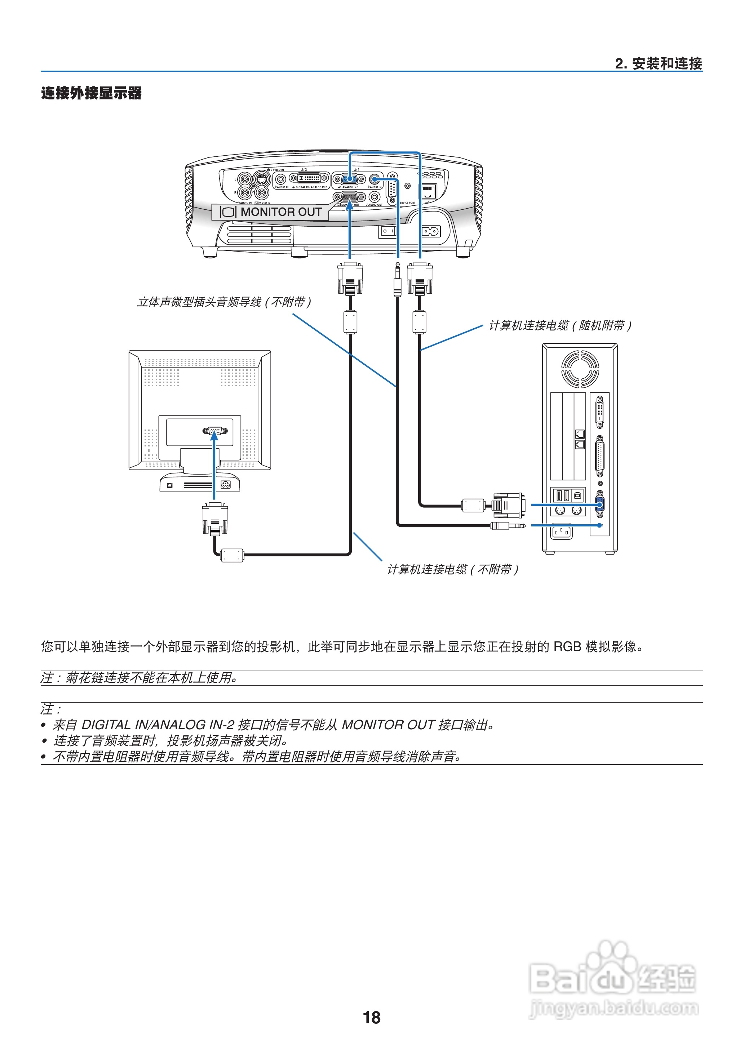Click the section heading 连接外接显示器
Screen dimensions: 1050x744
click(x=91, y=93)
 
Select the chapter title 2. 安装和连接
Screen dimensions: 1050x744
click(x=658, y=64)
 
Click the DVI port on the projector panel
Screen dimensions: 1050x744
click(x=309, y=178)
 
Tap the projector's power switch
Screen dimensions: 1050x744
click(x=387, y=231)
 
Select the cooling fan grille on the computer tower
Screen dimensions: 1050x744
click(x=580, y=369)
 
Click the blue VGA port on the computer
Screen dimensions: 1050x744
click(x=600, y=504)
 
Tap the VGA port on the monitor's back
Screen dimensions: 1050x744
click(x=214, y=431)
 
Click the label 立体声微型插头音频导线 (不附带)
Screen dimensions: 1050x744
click(x=224, y=302)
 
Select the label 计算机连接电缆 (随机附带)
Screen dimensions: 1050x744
click(x=560, y=326)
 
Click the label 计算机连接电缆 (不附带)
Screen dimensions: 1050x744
click(x=453, y=570)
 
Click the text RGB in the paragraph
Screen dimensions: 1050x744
click(x=567, y=646)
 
